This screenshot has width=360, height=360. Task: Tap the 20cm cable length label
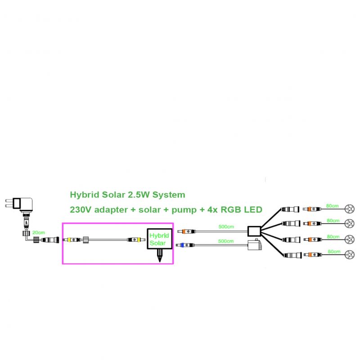(39, 233)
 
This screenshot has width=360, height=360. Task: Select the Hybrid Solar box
(160, 239)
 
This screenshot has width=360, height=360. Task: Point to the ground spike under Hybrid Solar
(160, 256)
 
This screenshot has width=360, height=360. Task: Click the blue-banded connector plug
(185, 245)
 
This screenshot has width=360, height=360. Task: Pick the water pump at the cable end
(255, 245)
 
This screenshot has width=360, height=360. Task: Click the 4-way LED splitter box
(254, 231)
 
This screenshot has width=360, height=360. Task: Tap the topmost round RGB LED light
(350, 209)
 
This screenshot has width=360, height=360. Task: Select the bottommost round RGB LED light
(350, 254)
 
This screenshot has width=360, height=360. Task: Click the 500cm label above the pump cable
(226, 241)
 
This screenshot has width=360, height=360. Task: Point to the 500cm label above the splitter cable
(226, 227)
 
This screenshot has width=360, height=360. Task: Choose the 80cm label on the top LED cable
(332, 206)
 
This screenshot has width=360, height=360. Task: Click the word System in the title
(169, 195)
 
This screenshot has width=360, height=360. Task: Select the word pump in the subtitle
(184, 210)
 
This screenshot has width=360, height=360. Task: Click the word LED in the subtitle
(253, 210)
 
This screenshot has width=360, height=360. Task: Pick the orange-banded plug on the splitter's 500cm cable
(186, 231)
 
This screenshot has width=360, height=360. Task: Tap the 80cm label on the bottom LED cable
(334, 252)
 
